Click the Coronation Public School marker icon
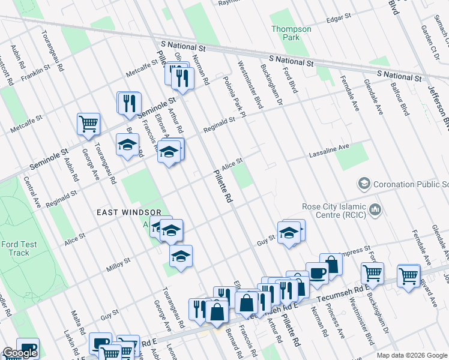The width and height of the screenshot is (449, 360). [363, 182]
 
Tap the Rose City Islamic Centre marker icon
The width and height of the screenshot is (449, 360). [376, 209]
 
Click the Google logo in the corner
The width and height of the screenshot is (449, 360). [20, 353]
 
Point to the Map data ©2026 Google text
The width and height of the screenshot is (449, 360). [411, 355]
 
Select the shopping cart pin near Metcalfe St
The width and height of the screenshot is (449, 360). [88, 124]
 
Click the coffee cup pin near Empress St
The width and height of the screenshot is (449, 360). [316, 273]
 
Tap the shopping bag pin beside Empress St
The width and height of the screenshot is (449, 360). [330, 265]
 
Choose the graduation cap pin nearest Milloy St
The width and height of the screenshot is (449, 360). [181, 256]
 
